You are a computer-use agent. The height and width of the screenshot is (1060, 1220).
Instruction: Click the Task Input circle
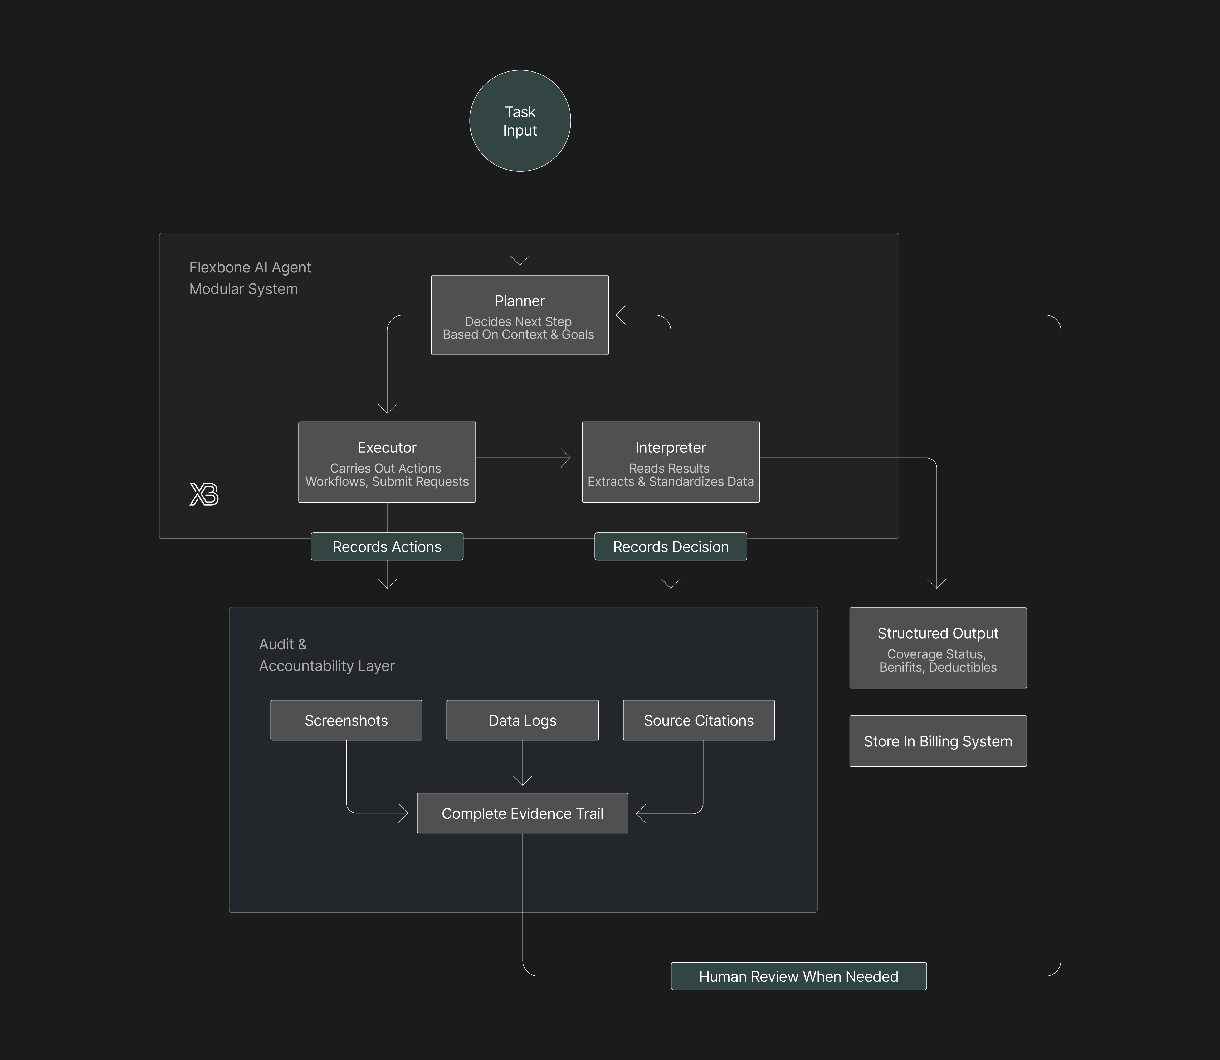pos(520,121)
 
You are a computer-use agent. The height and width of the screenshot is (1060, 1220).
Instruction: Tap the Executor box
pos(387,462)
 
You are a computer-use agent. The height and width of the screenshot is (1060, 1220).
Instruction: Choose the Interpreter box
pos(670,462)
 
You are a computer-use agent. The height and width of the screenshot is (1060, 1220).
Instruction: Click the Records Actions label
pos(387,547)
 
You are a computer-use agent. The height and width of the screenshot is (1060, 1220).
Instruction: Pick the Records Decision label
pos(670,547)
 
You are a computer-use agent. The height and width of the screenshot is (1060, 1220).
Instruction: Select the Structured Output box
pos(938,648)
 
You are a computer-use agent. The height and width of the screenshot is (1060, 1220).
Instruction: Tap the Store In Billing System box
pos(938,741)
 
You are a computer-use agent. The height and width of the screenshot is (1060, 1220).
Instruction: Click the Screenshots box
pos(346,720)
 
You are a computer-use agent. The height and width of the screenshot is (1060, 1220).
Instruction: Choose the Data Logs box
pos(522,720)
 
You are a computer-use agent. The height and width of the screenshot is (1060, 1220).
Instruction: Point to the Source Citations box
pos(698,720)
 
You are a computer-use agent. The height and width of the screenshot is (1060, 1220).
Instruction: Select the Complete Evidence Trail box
pos(522,813)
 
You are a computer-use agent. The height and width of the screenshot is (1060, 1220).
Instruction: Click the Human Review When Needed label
pos(798,976)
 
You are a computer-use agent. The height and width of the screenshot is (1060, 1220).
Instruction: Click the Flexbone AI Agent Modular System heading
pos(250,278)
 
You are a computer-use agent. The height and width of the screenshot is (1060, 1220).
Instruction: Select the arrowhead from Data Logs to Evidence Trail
pos(522,781)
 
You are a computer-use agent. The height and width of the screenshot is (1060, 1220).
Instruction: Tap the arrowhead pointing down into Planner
pos(520,261)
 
